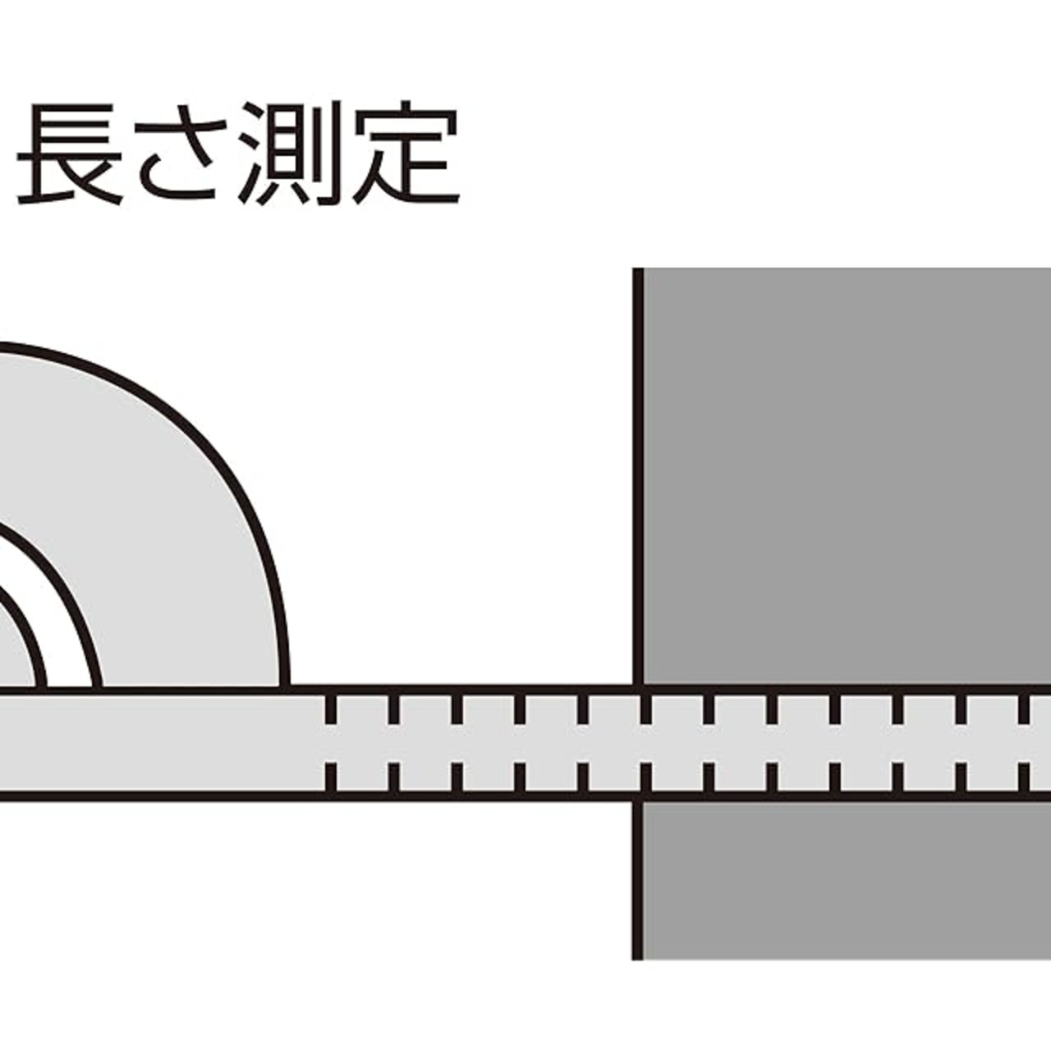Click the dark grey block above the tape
(846, 476)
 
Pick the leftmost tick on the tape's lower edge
(331, 776)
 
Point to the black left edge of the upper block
(638, 476)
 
